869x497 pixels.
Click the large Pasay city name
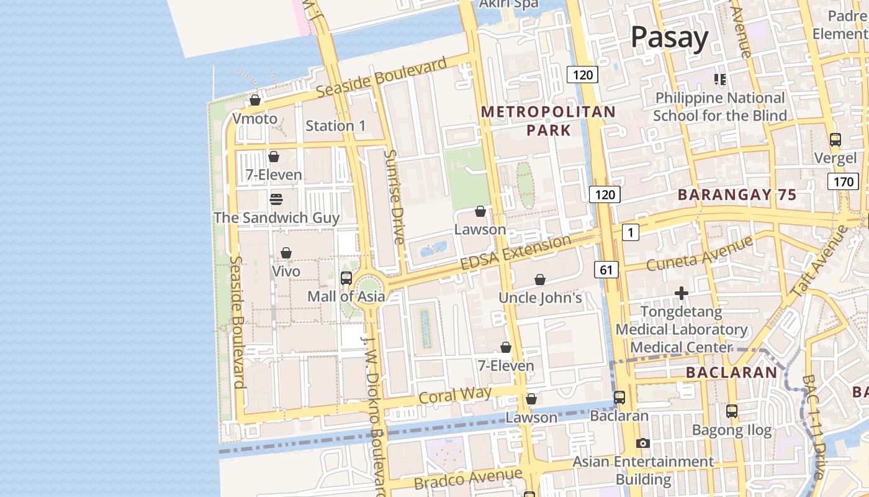click(x=669, y=38)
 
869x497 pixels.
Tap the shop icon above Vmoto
click(x=254, y=99)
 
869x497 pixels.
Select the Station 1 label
click(x=336, y=125)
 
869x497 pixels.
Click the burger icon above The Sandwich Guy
click(x=276, y=199)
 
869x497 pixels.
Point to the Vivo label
click(x=286, y=271)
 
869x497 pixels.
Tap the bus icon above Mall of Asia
click(x=346, y=278)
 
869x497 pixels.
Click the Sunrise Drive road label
click(x=394, y=197)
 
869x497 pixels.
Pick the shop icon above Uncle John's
click(x=540, y=280)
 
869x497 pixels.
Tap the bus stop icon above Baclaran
click(x=619, y=397)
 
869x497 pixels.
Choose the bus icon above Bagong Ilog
click(x=732, y=411)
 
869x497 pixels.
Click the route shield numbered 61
click(x=606, y=270)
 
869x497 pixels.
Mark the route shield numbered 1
click(x=630, y=232)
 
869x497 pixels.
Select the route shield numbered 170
click(x=843, y=182)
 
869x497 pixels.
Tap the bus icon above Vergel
click(x=835, y=139)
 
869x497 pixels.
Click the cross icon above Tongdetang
click(x=682, y=293)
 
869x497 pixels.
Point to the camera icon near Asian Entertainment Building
click(x=643, y=443)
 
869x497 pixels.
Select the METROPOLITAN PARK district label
click(x=548, y=121)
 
